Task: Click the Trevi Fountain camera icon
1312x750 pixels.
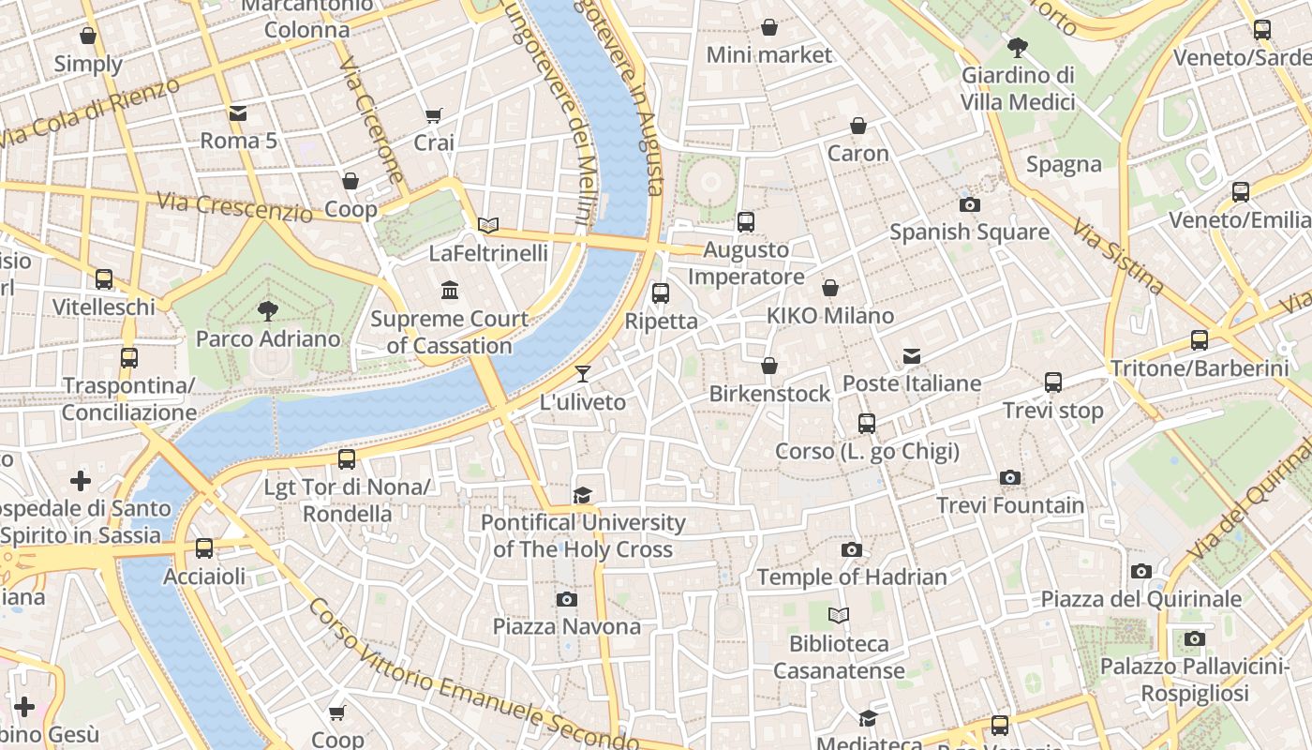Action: tap(1009, 477)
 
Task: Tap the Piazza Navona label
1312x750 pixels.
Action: tap(567, 626)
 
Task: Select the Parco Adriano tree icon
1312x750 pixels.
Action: tap(268, 310)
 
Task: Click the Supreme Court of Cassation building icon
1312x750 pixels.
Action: tap(450, 291)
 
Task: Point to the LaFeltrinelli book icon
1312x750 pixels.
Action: tap(487, 225)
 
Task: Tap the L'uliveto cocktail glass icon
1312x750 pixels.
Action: tap(583, 374)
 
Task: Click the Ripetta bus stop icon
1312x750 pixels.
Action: tap(661, 292)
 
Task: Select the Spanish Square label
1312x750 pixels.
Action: tap(969, 232)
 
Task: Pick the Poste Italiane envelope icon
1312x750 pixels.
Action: tap(912, 355)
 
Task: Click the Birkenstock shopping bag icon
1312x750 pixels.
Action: tap(769, 365)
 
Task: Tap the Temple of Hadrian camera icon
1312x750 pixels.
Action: tap(852, 549)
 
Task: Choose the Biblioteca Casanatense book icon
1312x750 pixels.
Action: tap(839, 615)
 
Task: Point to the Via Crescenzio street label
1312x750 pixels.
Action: tap(234, 206)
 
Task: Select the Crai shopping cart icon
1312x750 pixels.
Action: tap(433, 115)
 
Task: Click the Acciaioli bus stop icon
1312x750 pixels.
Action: tap(204, 548)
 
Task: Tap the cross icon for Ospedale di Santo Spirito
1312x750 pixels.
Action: tap(81, 481)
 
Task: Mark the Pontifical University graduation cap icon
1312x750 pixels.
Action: tap(583, 495)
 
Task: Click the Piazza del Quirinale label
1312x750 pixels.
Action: tap(1141, 598)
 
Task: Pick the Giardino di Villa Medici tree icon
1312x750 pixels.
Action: tap(1017, 47)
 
